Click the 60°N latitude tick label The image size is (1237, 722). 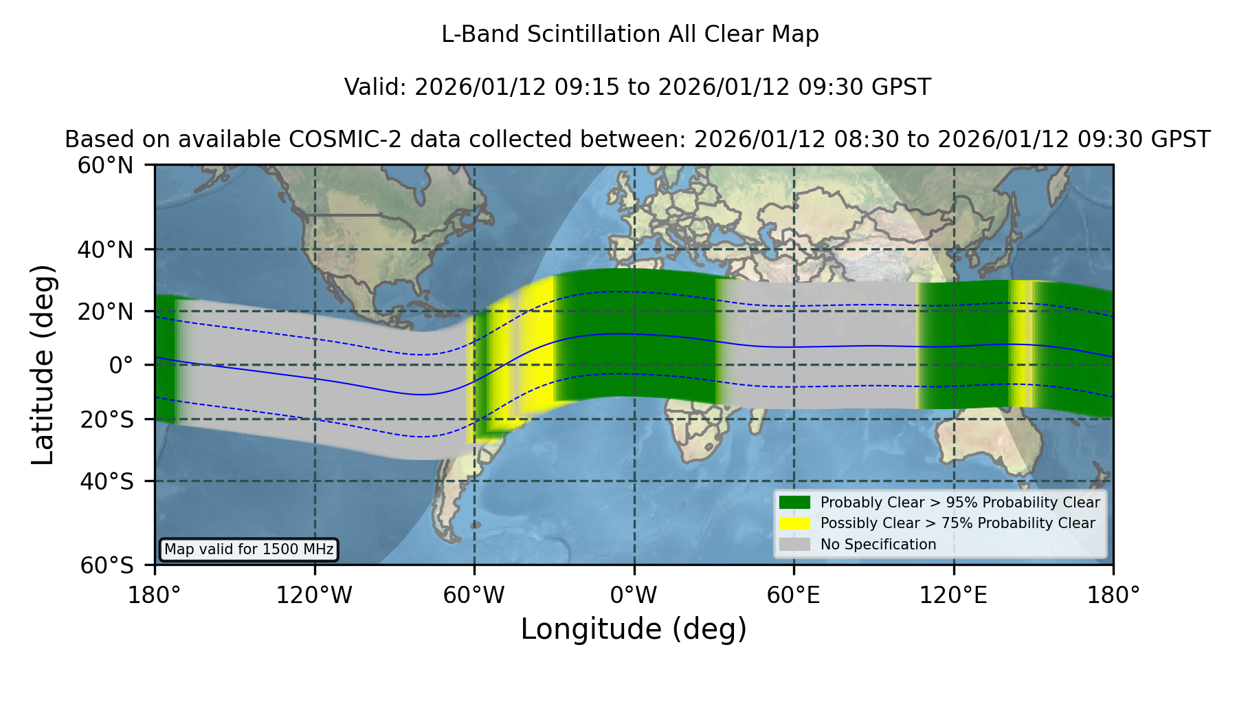click(105, 166)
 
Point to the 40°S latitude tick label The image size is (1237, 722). click(107, 481)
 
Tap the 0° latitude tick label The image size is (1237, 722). click(122, 365)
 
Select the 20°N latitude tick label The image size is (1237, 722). click(105, 311)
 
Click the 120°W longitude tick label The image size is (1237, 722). click(315, 595)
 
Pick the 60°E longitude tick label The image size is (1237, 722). click(794, 595)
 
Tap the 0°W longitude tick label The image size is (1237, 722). click(634, 595)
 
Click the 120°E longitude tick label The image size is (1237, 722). click(954, 595)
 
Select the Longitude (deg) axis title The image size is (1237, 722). click(634, 629)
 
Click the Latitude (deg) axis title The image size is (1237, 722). click(43, 364)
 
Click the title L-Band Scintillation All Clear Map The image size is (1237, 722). click(630, 34)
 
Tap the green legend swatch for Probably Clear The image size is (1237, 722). click(795, 502)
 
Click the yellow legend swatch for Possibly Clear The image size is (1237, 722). click(795, 523)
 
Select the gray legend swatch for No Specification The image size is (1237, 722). click(795, 544)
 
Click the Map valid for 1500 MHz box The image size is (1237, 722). click(249, 549)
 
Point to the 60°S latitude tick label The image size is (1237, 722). click(107, 565)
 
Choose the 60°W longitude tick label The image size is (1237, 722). click(474, 595)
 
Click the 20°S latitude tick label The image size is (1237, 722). click(107, 419)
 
